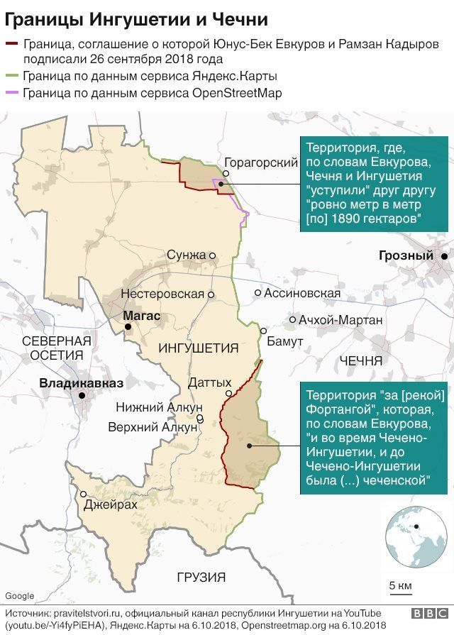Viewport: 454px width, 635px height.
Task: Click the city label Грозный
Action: tap(406, 256)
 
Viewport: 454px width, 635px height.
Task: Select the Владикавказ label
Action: tap(81, 383)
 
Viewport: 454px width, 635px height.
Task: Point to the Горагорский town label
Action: tap(260, 162)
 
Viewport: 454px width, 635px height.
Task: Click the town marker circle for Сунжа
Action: tap(212, 255)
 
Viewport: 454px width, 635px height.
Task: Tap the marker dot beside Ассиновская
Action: tap(258, 292)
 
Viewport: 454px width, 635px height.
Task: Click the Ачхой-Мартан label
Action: tap(340, 320)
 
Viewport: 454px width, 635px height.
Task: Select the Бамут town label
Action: tap(285, 341)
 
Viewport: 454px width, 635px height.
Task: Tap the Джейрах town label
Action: tap(110, 505)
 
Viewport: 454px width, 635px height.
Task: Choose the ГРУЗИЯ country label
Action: tap(201, 577)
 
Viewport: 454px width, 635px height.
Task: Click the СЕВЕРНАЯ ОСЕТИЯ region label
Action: tap(57, 347)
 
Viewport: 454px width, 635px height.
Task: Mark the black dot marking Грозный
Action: tap(444, 256)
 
